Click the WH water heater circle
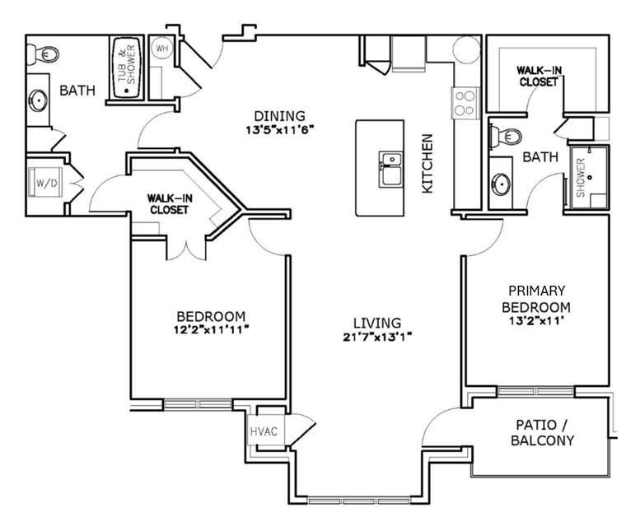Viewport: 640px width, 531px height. (x=162, y=48)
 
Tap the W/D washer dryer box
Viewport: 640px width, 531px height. (x=45, y=182)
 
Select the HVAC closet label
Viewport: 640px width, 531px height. (x=264, y=431)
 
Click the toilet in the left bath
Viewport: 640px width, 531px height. (x=44, y=54)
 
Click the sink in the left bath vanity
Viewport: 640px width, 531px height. (x=39, y=100)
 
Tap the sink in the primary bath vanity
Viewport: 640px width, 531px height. (x=501, y=184)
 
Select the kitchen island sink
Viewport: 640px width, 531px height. (x=390, y=170)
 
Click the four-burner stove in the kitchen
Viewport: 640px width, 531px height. (x=465, y=103)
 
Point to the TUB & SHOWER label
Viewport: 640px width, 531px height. (x=127, y=68)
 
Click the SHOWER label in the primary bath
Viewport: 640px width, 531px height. (x=581, y=178)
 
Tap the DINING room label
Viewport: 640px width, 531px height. (x=279, y=116)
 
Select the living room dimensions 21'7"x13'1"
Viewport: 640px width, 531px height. (x=377, y=338)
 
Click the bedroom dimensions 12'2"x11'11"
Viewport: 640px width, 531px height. (x=212, y=329)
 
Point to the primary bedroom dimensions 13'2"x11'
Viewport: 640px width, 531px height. (x=536, y=320)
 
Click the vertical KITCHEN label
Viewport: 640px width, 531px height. (x=427, y=164)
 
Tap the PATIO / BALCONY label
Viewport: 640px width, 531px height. (x=542, y=432)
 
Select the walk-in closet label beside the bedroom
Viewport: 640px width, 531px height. (x=170, y=204)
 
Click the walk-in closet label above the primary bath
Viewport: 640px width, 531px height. (x=539, y=77)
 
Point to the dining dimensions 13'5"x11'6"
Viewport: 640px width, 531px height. (x=279, y=130)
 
